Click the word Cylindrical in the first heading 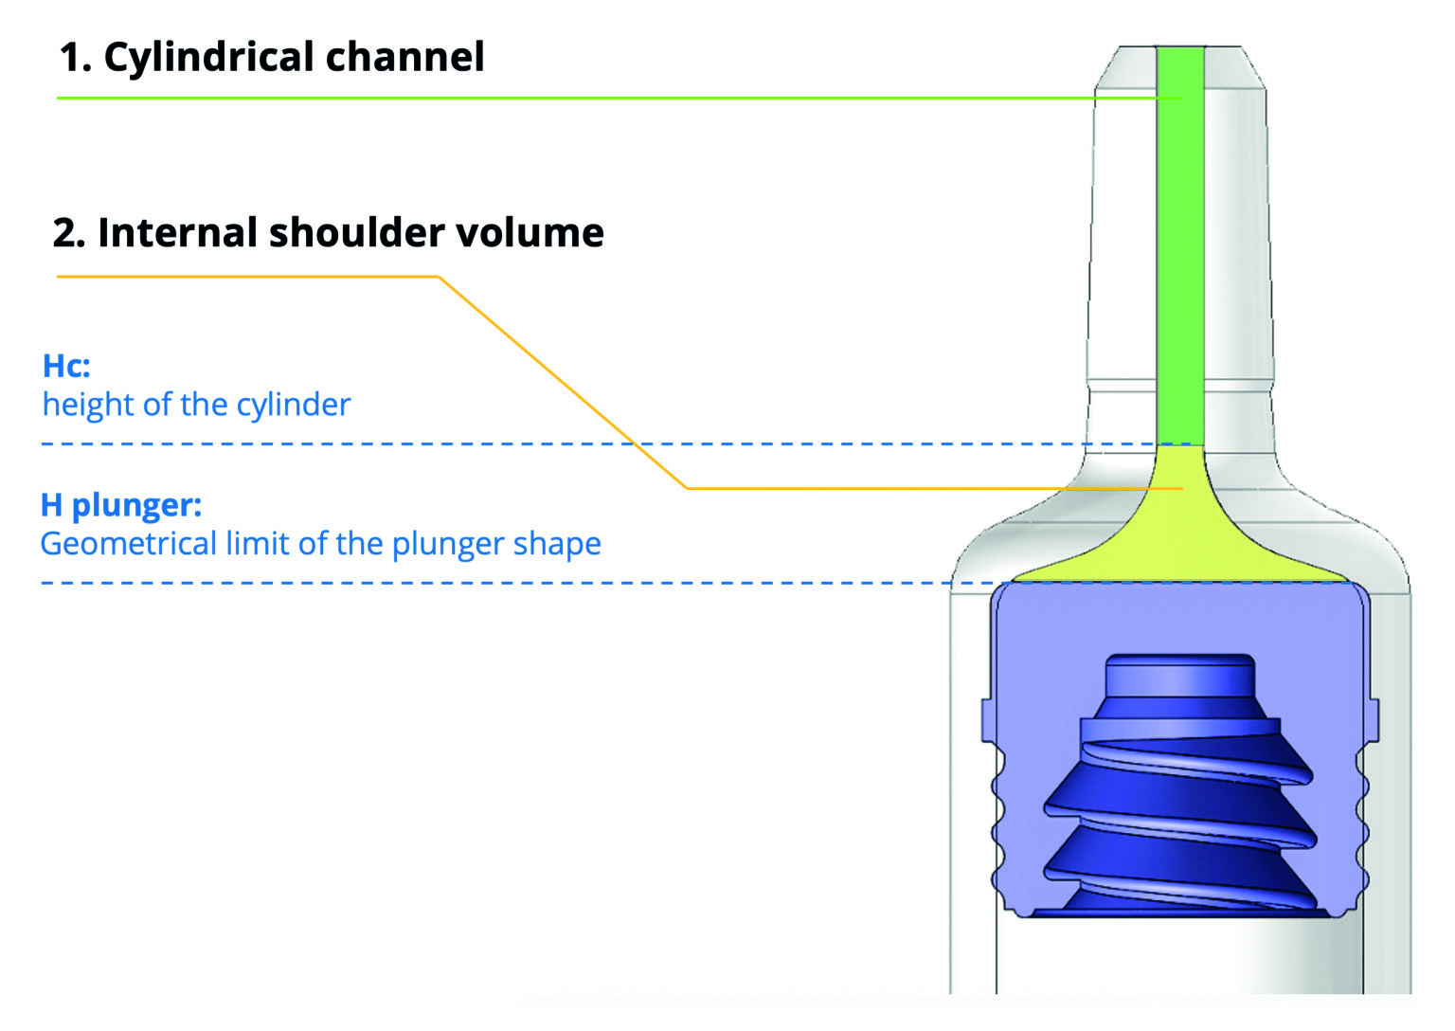point(209,58)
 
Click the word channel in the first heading point(405,58)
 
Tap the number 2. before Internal point(69,233)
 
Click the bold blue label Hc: point(66,366)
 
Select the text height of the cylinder point(196,405)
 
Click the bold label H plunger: point(121,505)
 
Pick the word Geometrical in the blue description point(128,544)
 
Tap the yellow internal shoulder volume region point(1180,540)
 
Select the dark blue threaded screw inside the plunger point(1180,815)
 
